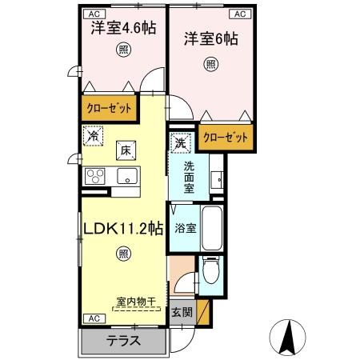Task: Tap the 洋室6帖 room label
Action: [x=212, y=38]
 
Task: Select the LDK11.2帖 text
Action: [x=123, y=228]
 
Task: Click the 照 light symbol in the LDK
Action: [x=123, y=254]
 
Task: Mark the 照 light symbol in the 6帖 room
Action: [x=210, y=64]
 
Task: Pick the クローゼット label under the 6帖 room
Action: [x=225, y=138]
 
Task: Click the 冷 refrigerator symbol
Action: [x=93, y=137]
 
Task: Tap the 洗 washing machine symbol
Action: [x=182, y=143]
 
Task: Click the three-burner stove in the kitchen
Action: [x=95, y=175]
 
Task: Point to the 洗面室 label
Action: [x=189, y=177]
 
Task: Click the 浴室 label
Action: [x=186, y=228]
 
